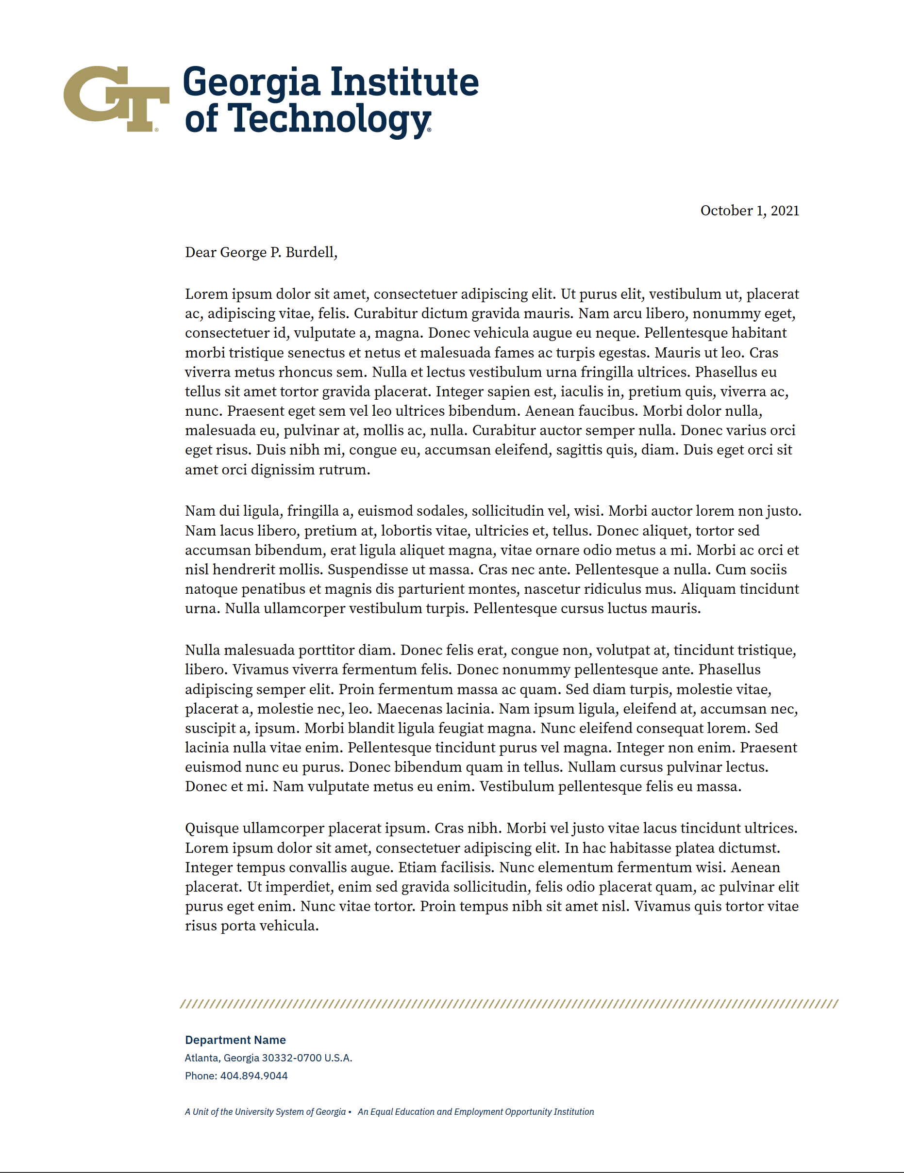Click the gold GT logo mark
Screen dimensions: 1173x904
pos(116,98)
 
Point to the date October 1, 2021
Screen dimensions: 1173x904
pos(749,211)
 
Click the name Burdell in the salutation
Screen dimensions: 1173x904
pos(311,252)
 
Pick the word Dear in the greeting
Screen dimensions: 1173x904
pos(201,252)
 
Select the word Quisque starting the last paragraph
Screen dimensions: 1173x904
pos(212,828)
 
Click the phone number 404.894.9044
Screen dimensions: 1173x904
pos(254,1076)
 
